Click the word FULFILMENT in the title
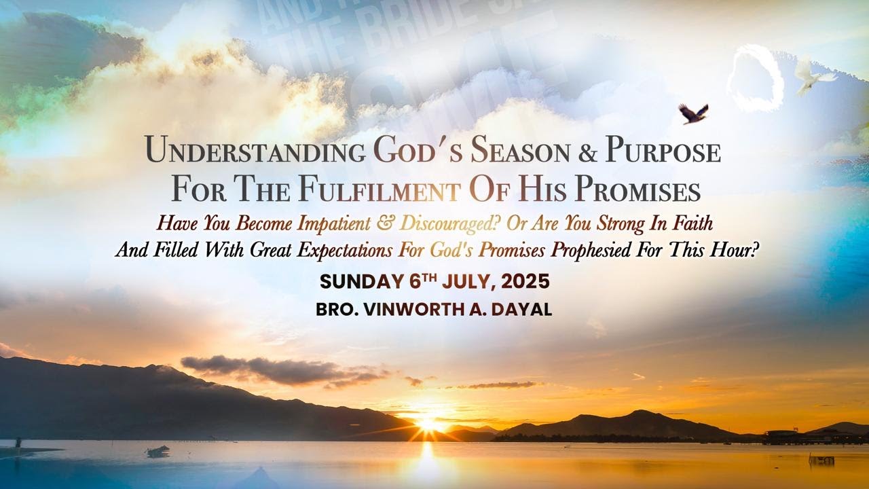coord(378,190)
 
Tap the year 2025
coord(525,282)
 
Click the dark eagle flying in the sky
coord(693,113)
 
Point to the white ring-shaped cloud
coord(755,78)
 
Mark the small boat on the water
coord(158,450)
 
